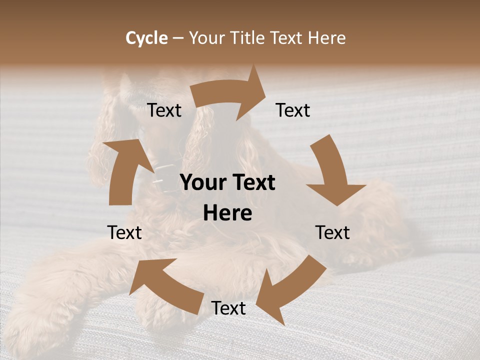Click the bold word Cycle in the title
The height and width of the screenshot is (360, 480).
(x=146, y=38)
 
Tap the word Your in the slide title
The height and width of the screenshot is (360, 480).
(x=206, y=38)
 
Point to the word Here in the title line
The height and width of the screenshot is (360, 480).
(x=327, y=38)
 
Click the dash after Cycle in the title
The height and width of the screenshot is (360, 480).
(x=178, y=38)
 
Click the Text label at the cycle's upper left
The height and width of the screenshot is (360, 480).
(x=164, y=110)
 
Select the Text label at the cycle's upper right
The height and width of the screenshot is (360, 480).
(x=293, y=110)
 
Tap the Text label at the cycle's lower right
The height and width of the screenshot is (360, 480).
(x=332, y=232)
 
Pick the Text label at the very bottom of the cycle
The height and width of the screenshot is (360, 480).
(x=228, y=308)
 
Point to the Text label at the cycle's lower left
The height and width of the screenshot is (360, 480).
(x=124, y=232)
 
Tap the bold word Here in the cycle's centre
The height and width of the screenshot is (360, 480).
(x=227, y=213)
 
